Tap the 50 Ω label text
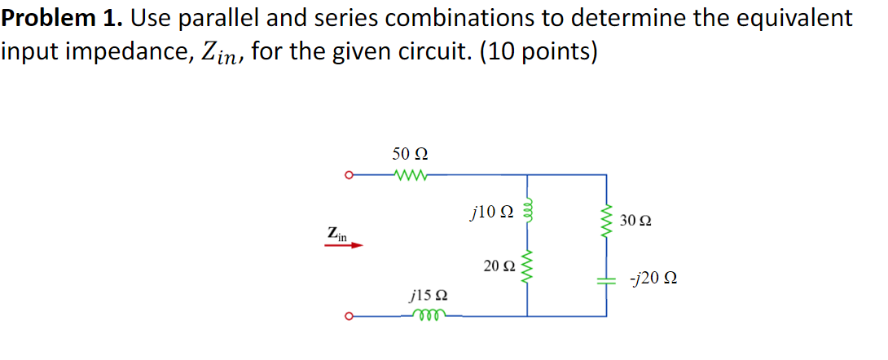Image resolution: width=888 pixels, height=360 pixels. (x=410, y=153)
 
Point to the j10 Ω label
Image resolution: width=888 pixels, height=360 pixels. (x=492, y=213)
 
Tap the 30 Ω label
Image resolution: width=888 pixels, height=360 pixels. (x=635, y=221)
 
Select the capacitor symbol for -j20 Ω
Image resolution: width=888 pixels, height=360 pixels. (x=606, y=279)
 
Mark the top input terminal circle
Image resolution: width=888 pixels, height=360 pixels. (x=348, y=174)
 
